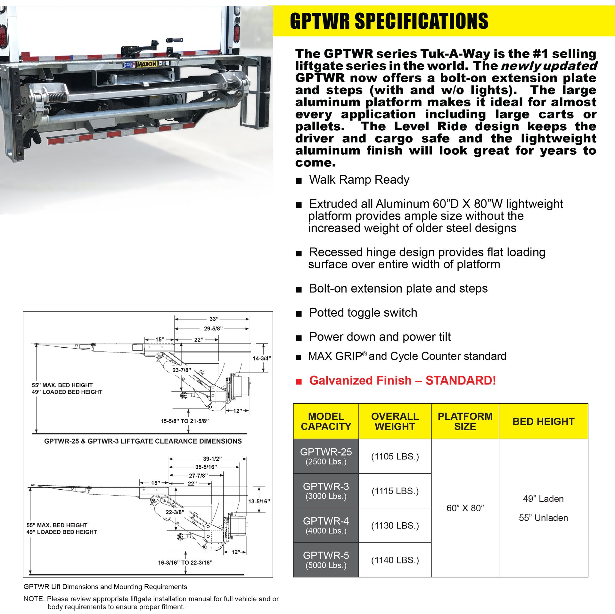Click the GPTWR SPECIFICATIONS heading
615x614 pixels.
coord(389,21)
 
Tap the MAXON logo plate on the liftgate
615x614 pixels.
coord(147,64)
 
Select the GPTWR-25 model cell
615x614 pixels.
coord(326,456)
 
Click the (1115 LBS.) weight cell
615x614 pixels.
coord(395,491)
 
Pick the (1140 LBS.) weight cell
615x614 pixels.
coord(395,560)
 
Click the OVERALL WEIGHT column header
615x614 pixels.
coord(395,421)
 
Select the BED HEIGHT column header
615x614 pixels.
coord(543,421)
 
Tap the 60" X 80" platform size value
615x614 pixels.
coord(465,508)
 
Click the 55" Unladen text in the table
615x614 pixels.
coord(543,518)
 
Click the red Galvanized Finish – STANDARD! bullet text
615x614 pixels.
coord(402,380)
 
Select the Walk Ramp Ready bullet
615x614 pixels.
coord(359,180)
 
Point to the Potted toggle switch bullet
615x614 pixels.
coord(363,313)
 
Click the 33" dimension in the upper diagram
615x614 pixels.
coord(214,319)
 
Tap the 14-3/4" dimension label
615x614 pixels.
coord(262,358)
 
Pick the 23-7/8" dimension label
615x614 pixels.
coord(182,370)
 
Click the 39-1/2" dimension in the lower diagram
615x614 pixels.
coord(212,459)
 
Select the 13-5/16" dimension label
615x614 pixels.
coord(259,501)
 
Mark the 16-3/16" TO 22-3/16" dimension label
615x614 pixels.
coord(185,562)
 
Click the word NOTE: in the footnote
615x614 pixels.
coord(34,599)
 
